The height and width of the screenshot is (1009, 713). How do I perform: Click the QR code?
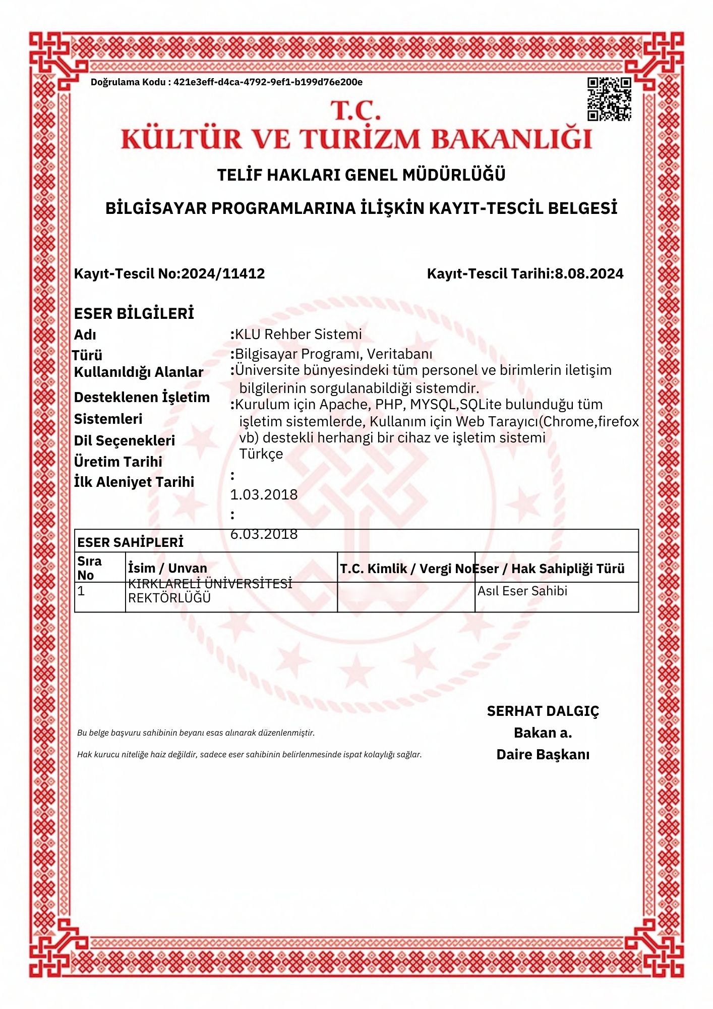[609, 99]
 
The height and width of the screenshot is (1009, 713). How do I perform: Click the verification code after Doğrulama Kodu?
[268, 82]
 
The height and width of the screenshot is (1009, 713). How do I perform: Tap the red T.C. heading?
[355, 110]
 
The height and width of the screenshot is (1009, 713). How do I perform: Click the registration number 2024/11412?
[223, 273]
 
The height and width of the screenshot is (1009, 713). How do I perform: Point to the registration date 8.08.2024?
[589, 273]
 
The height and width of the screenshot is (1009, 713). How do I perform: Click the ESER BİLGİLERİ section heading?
[134, 313]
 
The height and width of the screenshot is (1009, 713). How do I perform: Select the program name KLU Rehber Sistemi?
[299, 334]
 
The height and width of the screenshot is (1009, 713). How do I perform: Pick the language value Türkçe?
[261, 454]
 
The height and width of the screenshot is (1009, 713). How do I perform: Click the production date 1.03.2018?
[264, 494]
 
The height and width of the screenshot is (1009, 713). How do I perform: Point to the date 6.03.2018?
[264, 534]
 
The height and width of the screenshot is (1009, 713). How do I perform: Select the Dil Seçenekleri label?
[125, 440]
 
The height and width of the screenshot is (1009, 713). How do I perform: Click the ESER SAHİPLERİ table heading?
[130, 542]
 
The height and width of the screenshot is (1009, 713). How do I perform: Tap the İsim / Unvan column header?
[167, 568]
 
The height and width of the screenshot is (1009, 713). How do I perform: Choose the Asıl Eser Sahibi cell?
[522, 591]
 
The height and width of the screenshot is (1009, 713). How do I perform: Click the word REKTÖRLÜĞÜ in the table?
[169, 598]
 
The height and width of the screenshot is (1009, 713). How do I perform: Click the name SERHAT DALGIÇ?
[543, 711]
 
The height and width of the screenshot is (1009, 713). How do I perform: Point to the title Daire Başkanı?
[543, 755]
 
